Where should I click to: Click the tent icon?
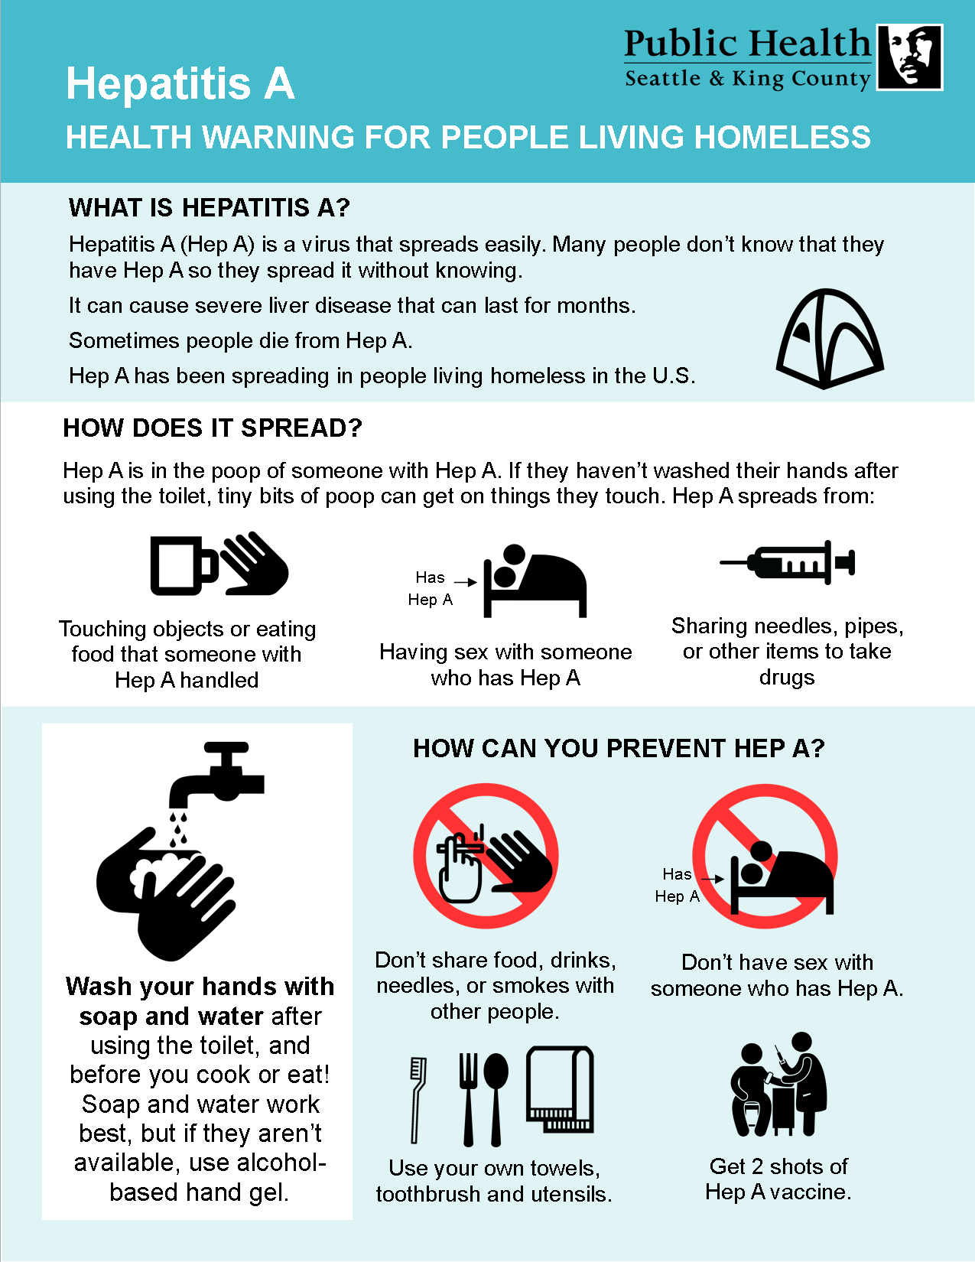829,339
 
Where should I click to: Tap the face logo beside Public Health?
909,57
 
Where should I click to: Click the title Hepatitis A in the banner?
180,84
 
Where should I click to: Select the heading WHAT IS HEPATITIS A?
209,207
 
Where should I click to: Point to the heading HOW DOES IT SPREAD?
213,428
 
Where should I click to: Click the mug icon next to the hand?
184,565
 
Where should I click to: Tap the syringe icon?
788,561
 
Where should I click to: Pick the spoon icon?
496,1099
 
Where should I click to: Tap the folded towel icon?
560,1089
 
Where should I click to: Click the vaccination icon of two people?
779,1085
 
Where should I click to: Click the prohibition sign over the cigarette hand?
486,856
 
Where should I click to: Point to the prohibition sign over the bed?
765,856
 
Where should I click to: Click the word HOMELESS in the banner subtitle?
783,138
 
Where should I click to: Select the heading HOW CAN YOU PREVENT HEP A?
619,748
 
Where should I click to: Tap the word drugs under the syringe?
787,678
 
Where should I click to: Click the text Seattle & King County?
748,79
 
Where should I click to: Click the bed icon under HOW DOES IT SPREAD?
535,581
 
